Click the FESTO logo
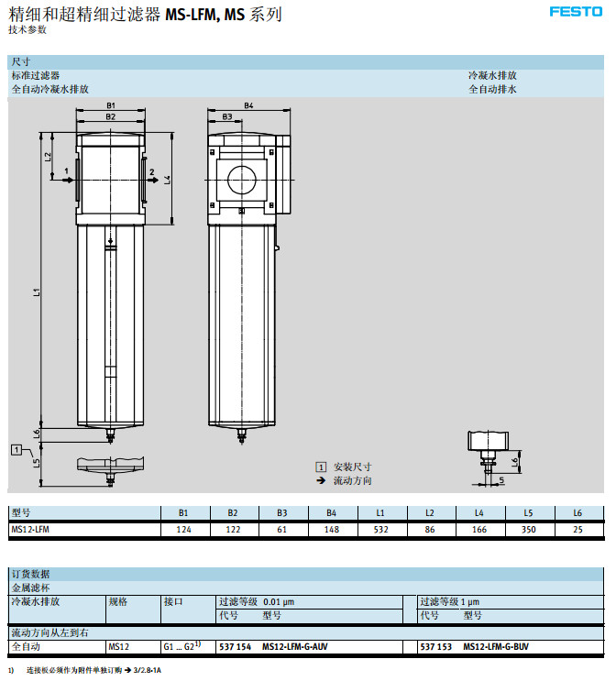click(x=575, y=12)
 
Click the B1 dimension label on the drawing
click(x=110, y=106)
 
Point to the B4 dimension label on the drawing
click(x=249, y=106)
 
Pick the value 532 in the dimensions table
click(x=379, y=529)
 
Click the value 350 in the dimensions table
click(x=528, y=529)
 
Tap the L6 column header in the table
click(x=577, y=513)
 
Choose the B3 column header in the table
click(x=281, y=513)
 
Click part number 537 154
click(x=235, y=647)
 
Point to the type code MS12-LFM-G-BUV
click(x=496, y=647)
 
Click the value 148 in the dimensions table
click(x=331, y=529)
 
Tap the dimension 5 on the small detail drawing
click(x=501, y=479)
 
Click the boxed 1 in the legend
click(x=321, y=467)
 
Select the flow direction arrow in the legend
click(x=321, y=480)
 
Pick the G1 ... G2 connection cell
click(x=180, y=647)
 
